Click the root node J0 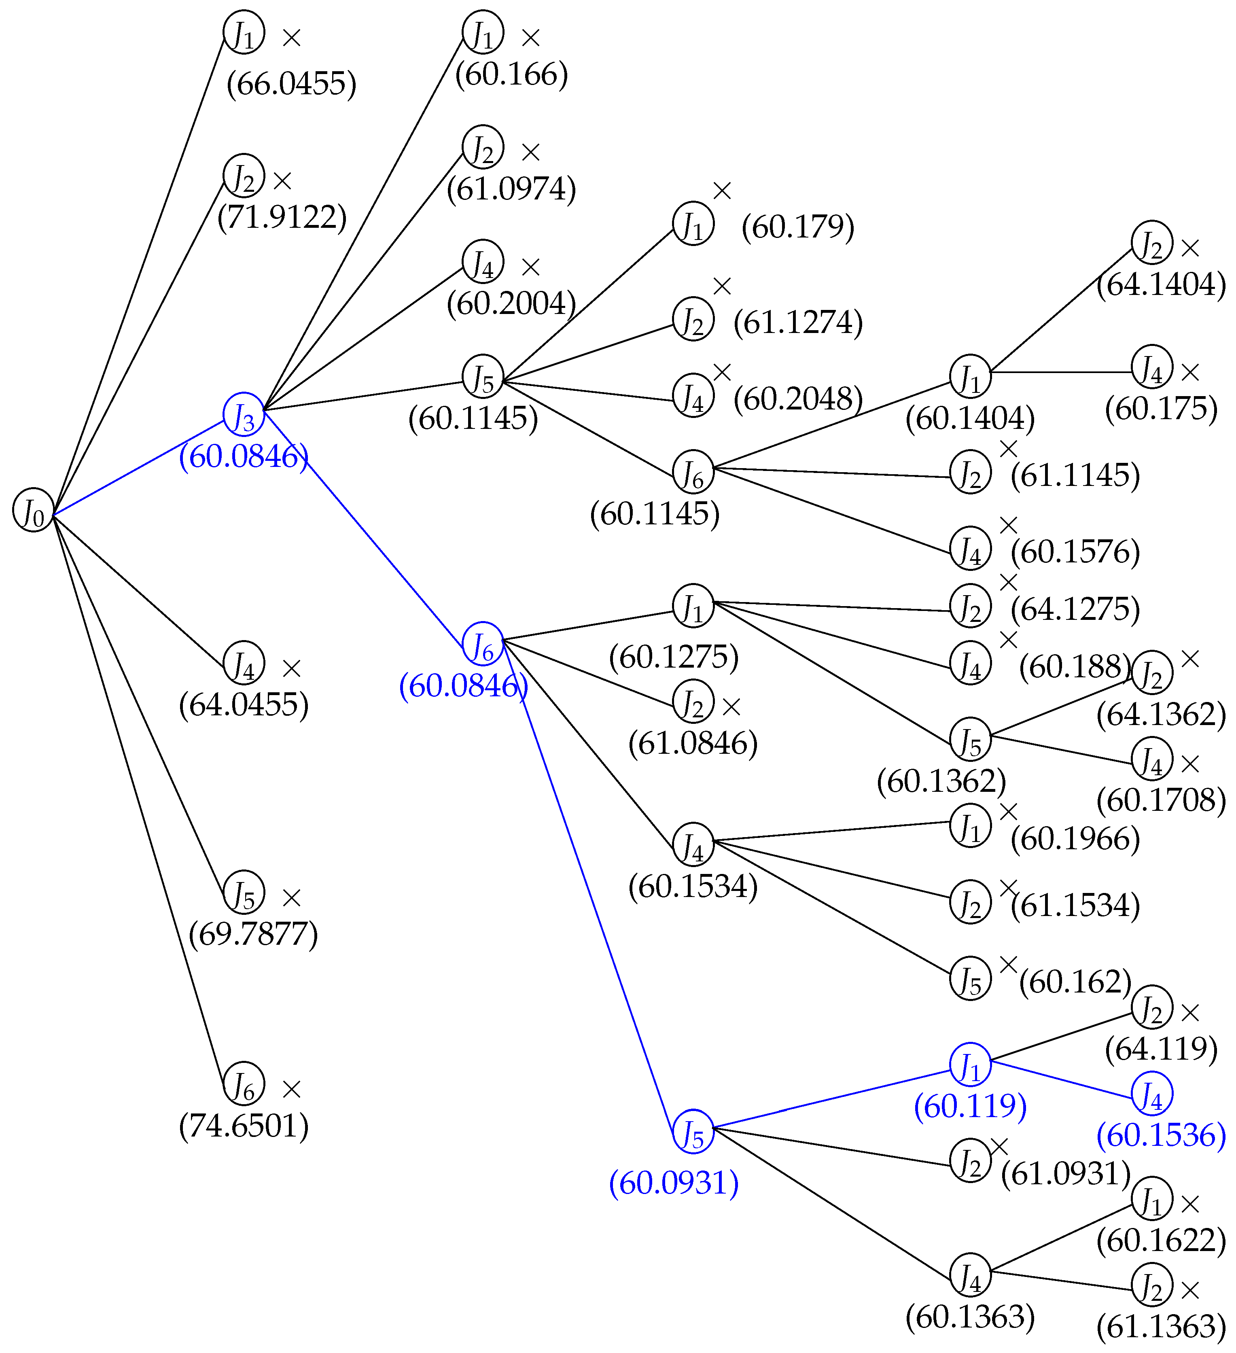coord(33,510)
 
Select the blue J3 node coord(244,414)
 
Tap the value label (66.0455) coord(291,84)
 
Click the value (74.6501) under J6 coord(244,1126)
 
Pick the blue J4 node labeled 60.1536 coord(1152,1094)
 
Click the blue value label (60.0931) coord(674,1183)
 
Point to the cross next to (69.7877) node coord(291,898)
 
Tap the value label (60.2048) coord(798,399)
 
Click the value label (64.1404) coord(1161,284)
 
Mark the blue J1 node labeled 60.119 coord(970,1065)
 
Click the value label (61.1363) coord(1161,1327)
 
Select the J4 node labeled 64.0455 coord(244,663)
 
